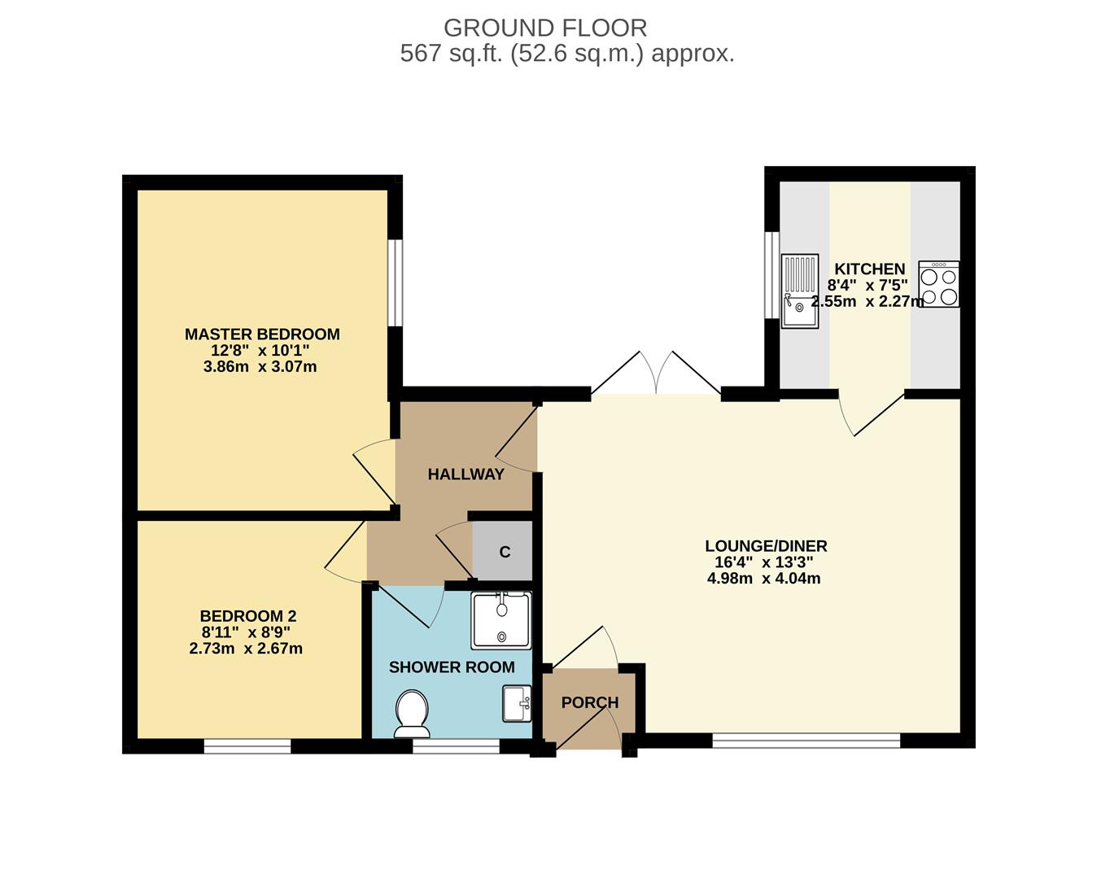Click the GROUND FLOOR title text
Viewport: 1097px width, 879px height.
tap(545, 28)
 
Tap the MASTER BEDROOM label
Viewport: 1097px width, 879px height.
tap(262, 334)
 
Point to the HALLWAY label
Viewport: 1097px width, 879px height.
tap(465, 474)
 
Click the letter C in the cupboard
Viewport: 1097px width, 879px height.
tap(505, 552)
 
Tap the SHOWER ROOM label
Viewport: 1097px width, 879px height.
tap(452, 667)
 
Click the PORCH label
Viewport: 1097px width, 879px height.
tap(590, 702)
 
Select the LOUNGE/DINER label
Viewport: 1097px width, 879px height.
tap(766, 546)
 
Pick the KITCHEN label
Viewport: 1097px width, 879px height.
tap(869, 269)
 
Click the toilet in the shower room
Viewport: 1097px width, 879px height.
tap(412, 713)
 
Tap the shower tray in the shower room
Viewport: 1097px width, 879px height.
tap(501, 620)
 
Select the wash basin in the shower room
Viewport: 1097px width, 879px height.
tap(517, 703)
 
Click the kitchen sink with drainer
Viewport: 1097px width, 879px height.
tap(799, 291)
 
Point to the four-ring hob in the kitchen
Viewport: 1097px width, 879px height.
tap(938, 284)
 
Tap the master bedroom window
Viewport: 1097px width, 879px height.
tap(395, 282)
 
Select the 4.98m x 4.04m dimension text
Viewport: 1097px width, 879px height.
tap(763, 579)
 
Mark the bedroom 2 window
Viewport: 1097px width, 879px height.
tap(247, 745)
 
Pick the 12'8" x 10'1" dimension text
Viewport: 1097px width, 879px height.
tap(260, 351)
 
